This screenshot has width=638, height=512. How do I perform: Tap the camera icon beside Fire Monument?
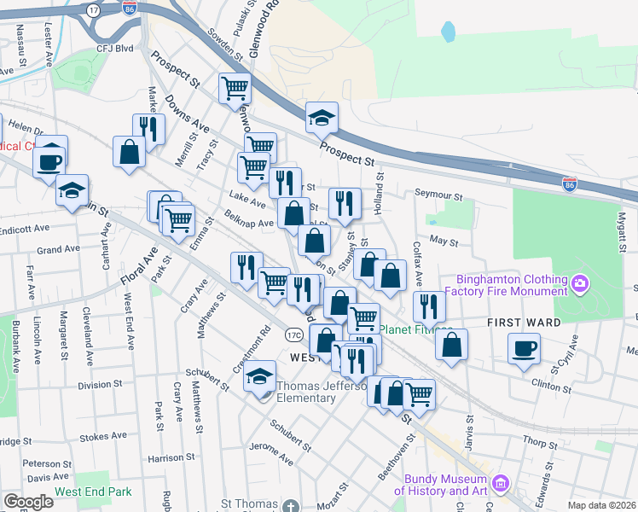[x=580, y=281]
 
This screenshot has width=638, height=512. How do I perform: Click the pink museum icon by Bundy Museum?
[x=502, y=485]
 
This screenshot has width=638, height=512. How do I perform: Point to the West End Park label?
[x=93, y=492]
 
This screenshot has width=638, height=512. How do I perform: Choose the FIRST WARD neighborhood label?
[x=524, y=323]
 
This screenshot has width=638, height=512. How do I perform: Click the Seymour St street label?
[x=438, y=195]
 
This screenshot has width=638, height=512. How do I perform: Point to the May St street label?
[x=444, y=242]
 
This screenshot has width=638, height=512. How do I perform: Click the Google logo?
[x=28, y=502]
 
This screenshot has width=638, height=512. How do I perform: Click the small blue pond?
[x=448, y=32]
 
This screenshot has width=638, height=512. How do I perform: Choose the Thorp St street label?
[x=540, y=443]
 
